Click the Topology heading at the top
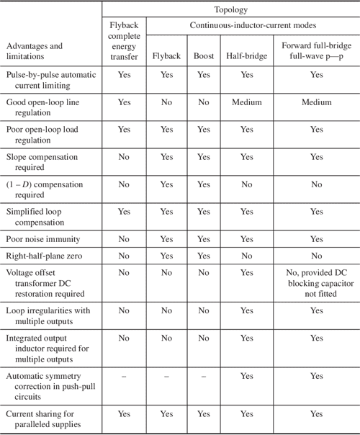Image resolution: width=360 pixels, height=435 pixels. tap(231, 11)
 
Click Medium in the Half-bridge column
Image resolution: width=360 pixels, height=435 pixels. tap(247, 103)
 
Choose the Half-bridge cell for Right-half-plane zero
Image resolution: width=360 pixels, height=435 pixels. tap(247, 254)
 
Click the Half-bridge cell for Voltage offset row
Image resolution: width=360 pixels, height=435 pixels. tap(247, 272)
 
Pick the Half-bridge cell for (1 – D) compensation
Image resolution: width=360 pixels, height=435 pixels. tap(247, 184)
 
